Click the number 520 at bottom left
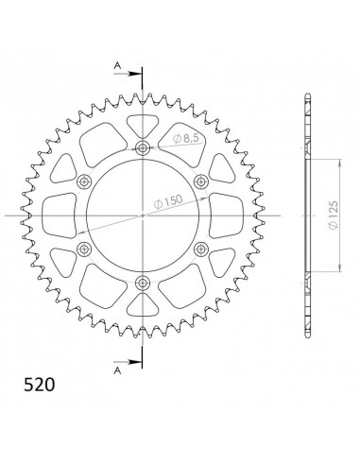coord(40,385)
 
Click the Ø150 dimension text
coord(168,201)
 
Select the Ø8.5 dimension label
coord(188,138)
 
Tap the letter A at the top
coord(117,65)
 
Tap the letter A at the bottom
coord(117,370)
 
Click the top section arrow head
coord(134,74)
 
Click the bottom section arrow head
coord(134,362)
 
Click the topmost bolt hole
coord(143,147)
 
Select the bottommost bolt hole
coord(143,283)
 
